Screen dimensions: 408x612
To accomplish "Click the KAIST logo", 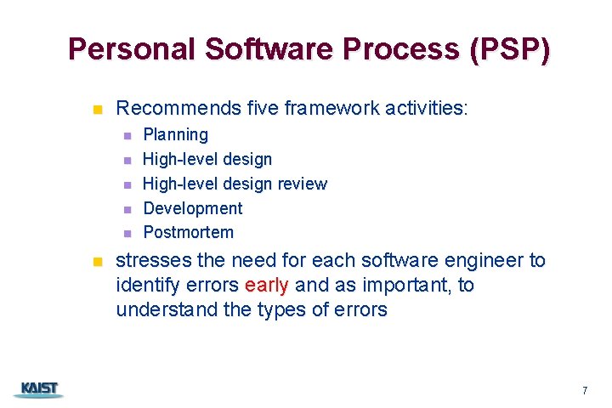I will point(38,389).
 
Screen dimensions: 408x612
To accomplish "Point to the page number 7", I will point(585,391).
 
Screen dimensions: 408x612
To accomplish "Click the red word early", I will point(267,286).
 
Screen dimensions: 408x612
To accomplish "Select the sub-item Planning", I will point(175,135).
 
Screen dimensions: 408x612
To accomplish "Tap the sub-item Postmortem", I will point(188,232).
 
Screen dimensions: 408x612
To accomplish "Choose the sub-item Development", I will point(192,208).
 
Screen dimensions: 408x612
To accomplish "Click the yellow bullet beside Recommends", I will point(97,110).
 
